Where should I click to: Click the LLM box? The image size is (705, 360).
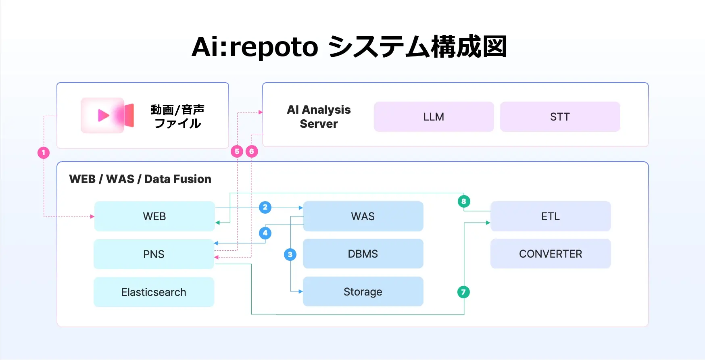(434, 117)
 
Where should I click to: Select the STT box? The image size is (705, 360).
(560, 117)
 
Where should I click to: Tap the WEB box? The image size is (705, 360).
(154, 216)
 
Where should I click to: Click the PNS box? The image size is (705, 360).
(154, 254)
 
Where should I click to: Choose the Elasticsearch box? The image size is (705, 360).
(154, 292)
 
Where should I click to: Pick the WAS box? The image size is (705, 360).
(363, 216)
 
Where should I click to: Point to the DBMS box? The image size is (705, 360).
(363, 254)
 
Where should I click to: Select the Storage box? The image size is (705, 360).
(363, 292)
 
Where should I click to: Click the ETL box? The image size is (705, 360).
(551, 216)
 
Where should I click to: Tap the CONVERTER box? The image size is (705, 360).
(551, 254)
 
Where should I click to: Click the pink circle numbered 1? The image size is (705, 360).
(44, 153)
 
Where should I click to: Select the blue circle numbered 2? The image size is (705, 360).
(265, 207)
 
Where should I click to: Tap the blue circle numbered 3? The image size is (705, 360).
(290, 254)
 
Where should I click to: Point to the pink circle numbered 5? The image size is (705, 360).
(237, 152)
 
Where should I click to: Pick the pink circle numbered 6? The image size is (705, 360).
(252, 152)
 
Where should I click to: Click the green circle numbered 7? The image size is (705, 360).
(463, 292)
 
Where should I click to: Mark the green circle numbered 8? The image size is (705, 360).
(464, 201)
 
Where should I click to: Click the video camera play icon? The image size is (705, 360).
(107, 116)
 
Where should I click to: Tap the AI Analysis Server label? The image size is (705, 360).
(319, 117)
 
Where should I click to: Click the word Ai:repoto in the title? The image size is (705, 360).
(254, 47)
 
